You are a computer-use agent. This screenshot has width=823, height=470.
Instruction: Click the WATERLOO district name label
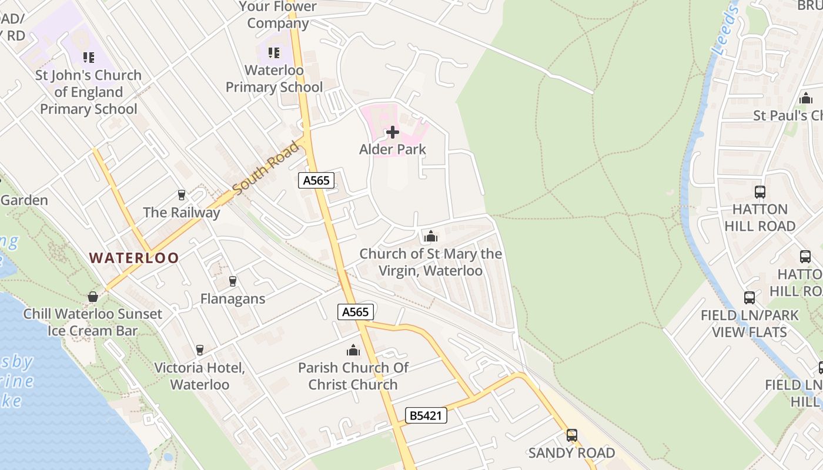(x=134, y=257)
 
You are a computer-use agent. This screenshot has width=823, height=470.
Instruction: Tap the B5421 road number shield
(x=426, y=416)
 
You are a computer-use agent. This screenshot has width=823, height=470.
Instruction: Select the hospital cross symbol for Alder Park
(x=393, y=132)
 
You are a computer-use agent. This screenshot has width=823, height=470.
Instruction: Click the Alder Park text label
(x=393, y=149)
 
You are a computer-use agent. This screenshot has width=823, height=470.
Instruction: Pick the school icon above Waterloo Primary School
(x=274, y=53)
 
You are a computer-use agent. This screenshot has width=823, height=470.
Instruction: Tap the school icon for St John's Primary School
(x=89, y=58)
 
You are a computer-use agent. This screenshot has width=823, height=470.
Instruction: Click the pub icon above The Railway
(x=181, y=195)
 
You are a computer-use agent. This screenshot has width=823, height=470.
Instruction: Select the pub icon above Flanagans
(x=233, y=281)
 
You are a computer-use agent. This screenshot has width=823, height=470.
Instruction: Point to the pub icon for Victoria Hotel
(x=200, y=350)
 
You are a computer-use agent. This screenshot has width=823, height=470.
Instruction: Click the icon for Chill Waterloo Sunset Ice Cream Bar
(x=92, y=297)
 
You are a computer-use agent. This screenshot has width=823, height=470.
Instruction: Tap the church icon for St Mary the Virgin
(x=431, y=237)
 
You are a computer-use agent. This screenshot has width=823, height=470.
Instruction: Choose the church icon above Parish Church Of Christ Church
(x=353, y=351)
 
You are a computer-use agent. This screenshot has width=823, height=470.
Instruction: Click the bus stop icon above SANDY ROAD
(x=571, y=435)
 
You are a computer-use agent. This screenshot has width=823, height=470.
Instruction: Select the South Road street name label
(x=266, y=168)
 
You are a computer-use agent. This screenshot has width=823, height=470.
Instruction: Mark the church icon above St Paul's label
(x=805, y=98)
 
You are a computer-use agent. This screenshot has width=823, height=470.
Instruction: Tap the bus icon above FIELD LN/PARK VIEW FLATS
(x=750, y=298)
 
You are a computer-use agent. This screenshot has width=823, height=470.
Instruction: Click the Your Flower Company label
(x=279, y=15)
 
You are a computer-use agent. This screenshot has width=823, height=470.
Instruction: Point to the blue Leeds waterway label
(x=725, y=31)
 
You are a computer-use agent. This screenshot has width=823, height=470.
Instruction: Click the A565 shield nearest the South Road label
(x=316, y=180)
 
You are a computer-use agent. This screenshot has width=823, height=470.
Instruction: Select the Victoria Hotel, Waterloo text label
(x=199, y=376)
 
